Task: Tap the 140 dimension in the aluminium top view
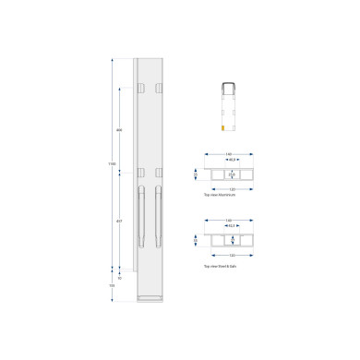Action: point(228,153)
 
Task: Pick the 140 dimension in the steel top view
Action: point(228,220)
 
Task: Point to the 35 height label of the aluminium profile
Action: point(196,173)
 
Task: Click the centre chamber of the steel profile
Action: point(232,240)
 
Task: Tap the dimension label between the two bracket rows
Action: point(119,130)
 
